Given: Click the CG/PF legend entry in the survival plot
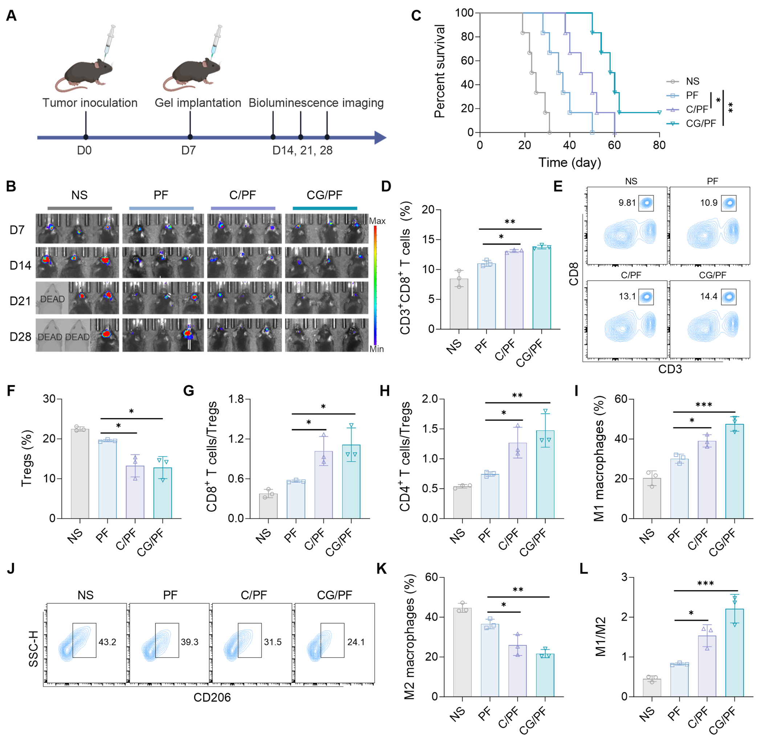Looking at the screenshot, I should tap(700, 123).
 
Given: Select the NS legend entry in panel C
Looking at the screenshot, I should tap(692, 81).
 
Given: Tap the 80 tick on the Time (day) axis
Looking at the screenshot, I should tap(659, 145).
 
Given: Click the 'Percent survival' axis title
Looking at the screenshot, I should tap(440, 71).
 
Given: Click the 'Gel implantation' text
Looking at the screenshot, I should tap(198, 103).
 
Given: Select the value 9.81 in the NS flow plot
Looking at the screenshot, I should tap(627, 203).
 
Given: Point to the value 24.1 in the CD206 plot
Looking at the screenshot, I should tap(356, 642).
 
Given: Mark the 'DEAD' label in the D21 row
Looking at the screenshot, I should tap(52, 299).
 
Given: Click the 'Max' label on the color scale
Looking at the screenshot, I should tap(377, 221).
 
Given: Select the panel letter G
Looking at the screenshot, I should tap(189, 391).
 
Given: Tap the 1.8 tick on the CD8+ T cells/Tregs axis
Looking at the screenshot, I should tap(236, 399).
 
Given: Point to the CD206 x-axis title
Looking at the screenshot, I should tap(212, 697).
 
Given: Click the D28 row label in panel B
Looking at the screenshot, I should tap(20, 337).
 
